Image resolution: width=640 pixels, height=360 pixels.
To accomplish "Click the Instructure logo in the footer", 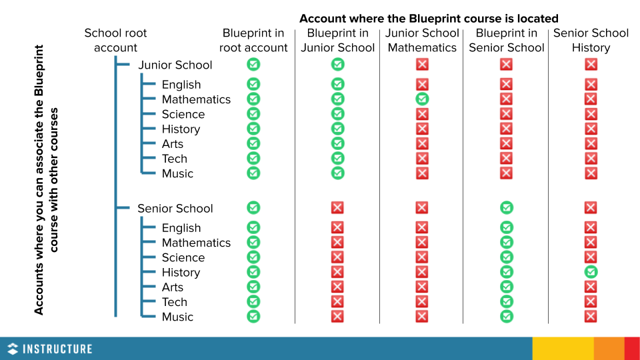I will (x=49, y=349).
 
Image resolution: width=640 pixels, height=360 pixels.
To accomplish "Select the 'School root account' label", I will (x=115, y=40).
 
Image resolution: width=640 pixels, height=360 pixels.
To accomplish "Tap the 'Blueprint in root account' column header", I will (x=253, y=40).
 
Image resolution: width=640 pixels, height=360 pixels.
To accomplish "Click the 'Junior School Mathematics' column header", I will (x=422, y=40).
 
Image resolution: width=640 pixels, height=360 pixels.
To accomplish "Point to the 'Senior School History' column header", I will (x=591, y=40).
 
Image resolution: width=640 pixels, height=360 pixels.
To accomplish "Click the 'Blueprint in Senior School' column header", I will (x=507, y=40).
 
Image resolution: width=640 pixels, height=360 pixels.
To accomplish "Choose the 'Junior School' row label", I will (x=175, y=65).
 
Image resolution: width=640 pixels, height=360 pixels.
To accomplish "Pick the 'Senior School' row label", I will (x=175, y=208).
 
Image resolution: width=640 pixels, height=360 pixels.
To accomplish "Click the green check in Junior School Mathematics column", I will (x=422, y=99).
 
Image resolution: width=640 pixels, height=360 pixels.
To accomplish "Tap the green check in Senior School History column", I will (x=591, y=272).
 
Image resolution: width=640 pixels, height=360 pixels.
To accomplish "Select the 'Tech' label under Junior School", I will (x=175, y=159).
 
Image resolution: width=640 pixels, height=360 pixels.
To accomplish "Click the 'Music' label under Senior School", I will (x=177, y=317).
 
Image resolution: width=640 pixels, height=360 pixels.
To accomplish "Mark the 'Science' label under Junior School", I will (x=183, y=114).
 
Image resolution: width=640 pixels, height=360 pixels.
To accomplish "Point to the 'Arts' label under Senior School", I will (x=173, y=287).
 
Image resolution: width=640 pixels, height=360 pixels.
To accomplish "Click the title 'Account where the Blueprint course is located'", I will (x=429, y=19).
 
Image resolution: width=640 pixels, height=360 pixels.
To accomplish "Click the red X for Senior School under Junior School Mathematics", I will (x=422, y=208).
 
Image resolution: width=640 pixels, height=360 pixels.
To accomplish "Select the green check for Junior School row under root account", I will (x=253, y=65).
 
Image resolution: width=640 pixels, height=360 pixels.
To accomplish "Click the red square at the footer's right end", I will (x=632, y=349).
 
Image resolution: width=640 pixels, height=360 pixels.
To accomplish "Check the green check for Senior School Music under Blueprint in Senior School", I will (x=507, y=317).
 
